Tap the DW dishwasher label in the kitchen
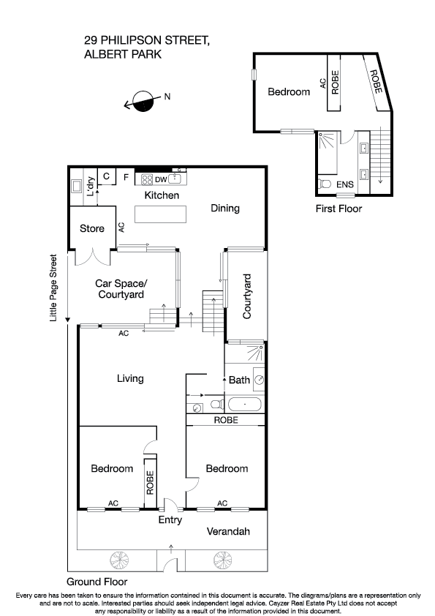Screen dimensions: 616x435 pos(161,179)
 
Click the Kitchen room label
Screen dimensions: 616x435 pos(162,196)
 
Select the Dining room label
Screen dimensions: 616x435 pos(225,209)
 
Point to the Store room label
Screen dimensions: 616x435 pos(91,229)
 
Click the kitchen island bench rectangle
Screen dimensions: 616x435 pos(160,214)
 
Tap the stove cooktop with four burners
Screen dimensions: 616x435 pos(146,179)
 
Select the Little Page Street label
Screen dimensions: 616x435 pos(53,288)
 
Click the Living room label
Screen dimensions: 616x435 pos(130,379)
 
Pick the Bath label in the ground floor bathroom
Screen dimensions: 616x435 pos(239,380)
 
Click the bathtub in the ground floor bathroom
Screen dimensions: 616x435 pos(244,404)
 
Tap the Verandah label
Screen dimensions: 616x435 pos(228,532)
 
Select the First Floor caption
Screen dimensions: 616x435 pos(338,209)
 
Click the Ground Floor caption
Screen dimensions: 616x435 pos(92,582)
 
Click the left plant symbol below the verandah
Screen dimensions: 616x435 pos(117,561)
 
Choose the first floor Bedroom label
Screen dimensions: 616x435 pos(289,92)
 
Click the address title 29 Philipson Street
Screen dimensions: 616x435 pos(147,42)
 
